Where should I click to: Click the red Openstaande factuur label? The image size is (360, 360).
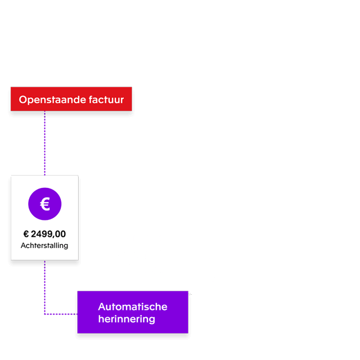pyautogui.click(x=71, y=99)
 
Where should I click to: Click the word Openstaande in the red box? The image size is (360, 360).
pyautogui.click(x=46, y=100)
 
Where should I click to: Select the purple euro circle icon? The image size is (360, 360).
pyautogui.click(x=45, y=204)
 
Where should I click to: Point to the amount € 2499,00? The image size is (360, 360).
pyautogui.click(x=44, y=234)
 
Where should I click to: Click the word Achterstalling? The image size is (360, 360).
pyautogui.click(x=44, y=246)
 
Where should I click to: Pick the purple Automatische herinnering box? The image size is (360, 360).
pyautogui.click(x=133, y=312)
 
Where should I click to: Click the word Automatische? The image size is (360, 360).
pyautogui.click(x=133, y=307)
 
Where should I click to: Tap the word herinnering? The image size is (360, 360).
pyautogui.click(x=127, y=319)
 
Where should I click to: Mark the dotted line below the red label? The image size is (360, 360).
pyautogui.click(x=45, y=143)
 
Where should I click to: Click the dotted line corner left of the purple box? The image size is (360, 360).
pyautogui.click(x=45, y=314)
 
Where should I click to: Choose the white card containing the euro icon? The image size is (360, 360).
pyautogui.click(x=44, y=218)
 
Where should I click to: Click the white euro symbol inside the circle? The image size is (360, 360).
pyautogui.click(x=45, y=204)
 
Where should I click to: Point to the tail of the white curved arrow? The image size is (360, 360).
pyautogui.click(x=190, y=293)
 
